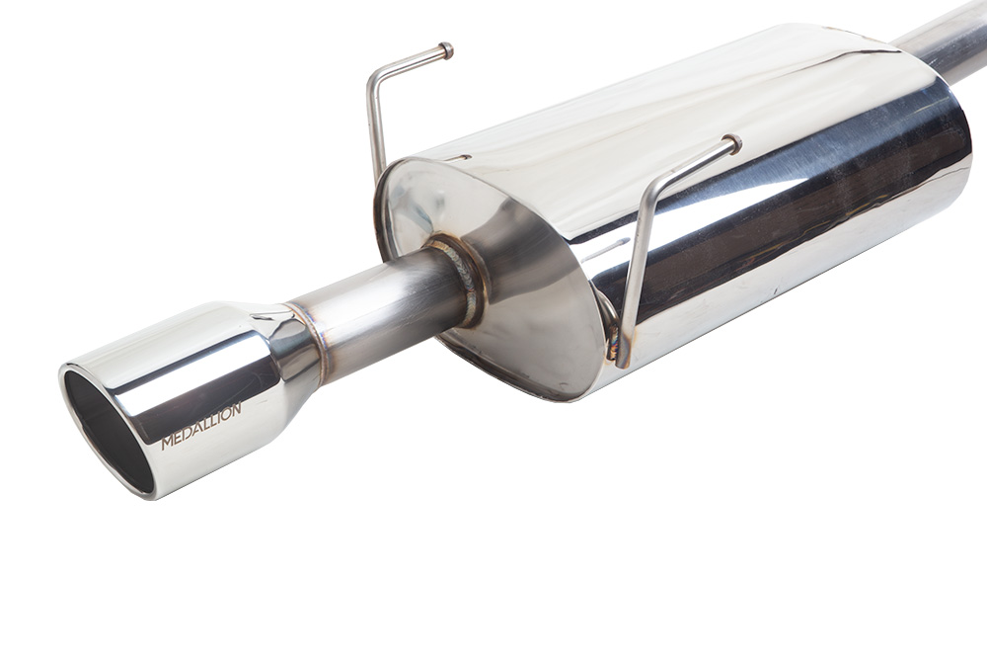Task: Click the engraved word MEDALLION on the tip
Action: coord(201,427)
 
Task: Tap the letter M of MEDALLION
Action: coord(166,443)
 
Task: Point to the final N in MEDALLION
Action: coord(237,409)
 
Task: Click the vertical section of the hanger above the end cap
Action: coord(376,128)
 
